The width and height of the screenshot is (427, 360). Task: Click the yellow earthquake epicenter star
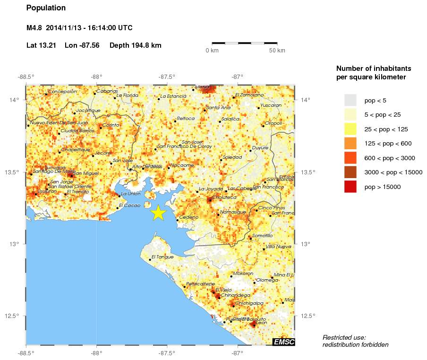pos(159,213)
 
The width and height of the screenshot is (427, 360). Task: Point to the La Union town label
pos(130,194)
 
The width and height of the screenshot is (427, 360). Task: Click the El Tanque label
pos(162,257)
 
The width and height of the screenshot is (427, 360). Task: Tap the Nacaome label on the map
pos(182,165)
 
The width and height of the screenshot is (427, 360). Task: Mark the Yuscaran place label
pos(271,105)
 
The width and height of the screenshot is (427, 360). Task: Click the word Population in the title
pos(46,8)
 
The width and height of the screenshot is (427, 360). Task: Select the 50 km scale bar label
pos(277,51)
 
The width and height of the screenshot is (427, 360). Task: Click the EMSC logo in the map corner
pos(283,342)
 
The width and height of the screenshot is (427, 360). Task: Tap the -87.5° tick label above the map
pos(167,77)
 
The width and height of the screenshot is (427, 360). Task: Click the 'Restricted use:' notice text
pos(344,337)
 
